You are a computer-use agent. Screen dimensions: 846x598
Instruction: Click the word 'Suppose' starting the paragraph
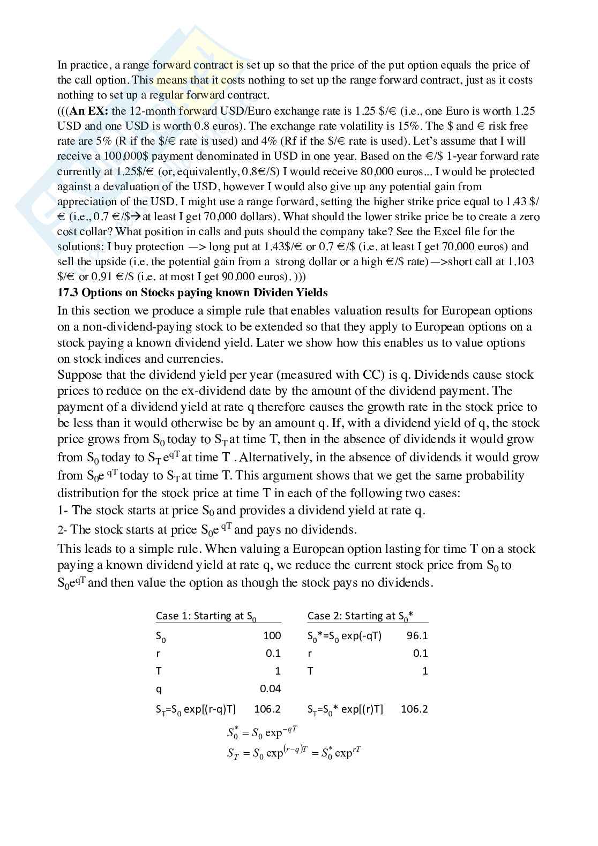click(79, 375)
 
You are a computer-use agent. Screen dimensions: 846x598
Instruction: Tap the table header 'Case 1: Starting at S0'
click(206, 616)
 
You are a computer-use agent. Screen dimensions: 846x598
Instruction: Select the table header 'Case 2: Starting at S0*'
click(360, 616)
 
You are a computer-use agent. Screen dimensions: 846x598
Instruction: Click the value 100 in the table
click(272, 635)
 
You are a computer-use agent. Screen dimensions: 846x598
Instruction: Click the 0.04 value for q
click(270, 688)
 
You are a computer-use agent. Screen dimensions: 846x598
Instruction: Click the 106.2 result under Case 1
click(267, 709)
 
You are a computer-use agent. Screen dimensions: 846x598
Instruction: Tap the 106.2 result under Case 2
click(414, 709)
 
